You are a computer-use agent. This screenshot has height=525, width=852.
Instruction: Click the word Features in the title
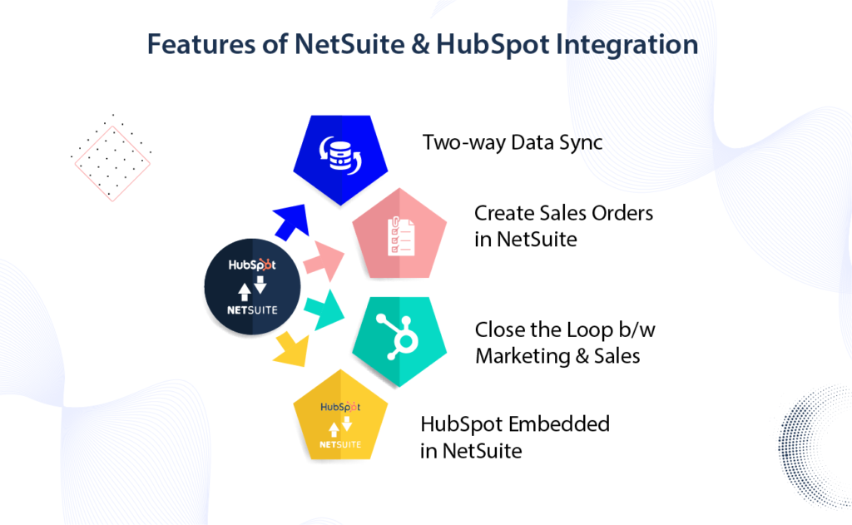point(194,44)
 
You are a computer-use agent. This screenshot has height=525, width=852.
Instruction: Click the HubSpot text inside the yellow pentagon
point(340,408)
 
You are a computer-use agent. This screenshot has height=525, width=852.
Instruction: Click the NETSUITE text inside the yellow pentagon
point(340,444)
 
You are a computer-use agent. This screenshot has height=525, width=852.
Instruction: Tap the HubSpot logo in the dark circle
point(252,265)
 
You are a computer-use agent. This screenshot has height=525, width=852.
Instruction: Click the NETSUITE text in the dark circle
point(252,310)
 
